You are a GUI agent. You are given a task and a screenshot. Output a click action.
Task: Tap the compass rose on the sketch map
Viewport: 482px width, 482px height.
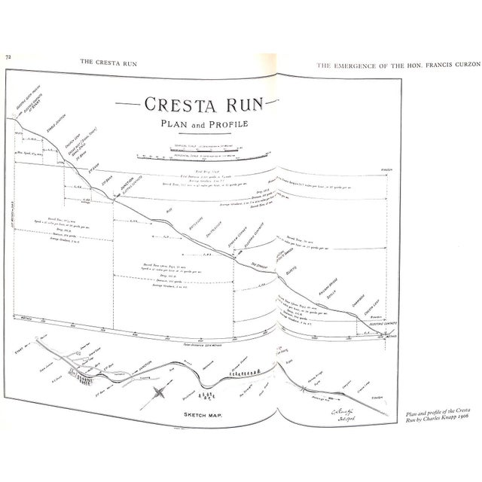coord(159,392)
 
